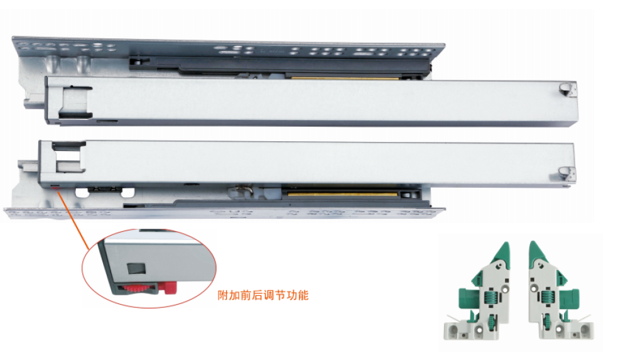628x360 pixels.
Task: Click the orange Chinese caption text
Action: [x=263, y=295]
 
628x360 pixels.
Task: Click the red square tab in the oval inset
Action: [x=171, y=288]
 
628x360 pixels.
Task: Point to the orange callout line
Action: [x=74, y=221]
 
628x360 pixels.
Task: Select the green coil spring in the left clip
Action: [x=489, y=297]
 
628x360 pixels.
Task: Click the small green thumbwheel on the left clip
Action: [x=490, y=320]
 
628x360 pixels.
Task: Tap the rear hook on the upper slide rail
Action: [x=567, y=89]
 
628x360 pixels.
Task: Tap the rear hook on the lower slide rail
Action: [x=566, y=175]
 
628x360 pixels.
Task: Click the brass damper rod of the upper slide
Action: [x=344, y=77]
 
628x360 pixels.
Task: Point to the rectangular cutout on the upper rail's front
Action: [x=75, y=102]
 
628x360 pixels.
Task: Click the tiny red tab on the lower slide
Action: [x=55, y=187]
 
